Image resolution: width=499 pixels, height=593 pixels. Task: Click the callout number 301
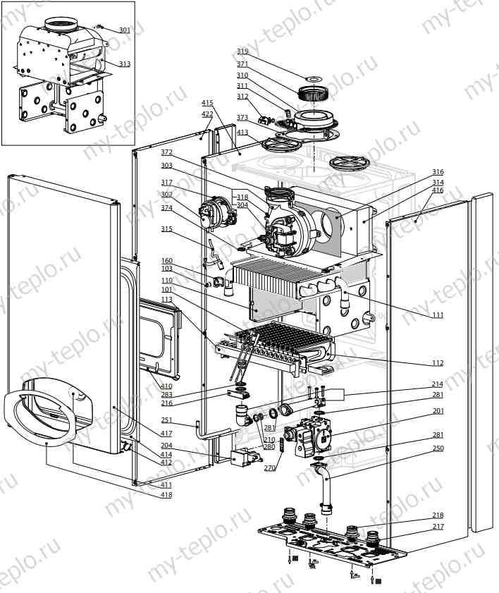click(124, 30)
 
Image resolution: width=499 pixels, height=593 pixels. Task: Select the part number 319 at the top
click(242, 51)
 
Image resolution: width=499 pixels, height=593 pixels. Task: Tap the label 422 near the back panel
click(207, 114)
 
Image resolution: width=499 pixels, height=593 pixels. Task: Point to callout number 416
click(438, 190)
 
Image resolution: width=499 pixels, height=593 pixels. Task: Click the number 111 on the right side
click(438, 314)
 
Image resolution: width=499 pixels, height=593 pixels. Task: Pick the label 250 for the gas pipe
click(438, 448)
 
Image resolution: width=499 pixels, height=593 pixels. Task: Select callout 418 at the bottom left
click(166, 495)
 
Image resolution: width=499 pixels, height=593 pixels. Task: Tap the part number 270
click(269, 467)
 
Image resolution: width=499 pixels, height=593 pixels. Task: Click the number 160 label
click(166, 261)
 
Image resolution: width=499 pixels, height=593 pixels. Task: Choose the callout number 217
click(438, 527)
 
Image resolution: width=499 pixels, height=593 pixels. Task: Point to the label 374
click(166, 208)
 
